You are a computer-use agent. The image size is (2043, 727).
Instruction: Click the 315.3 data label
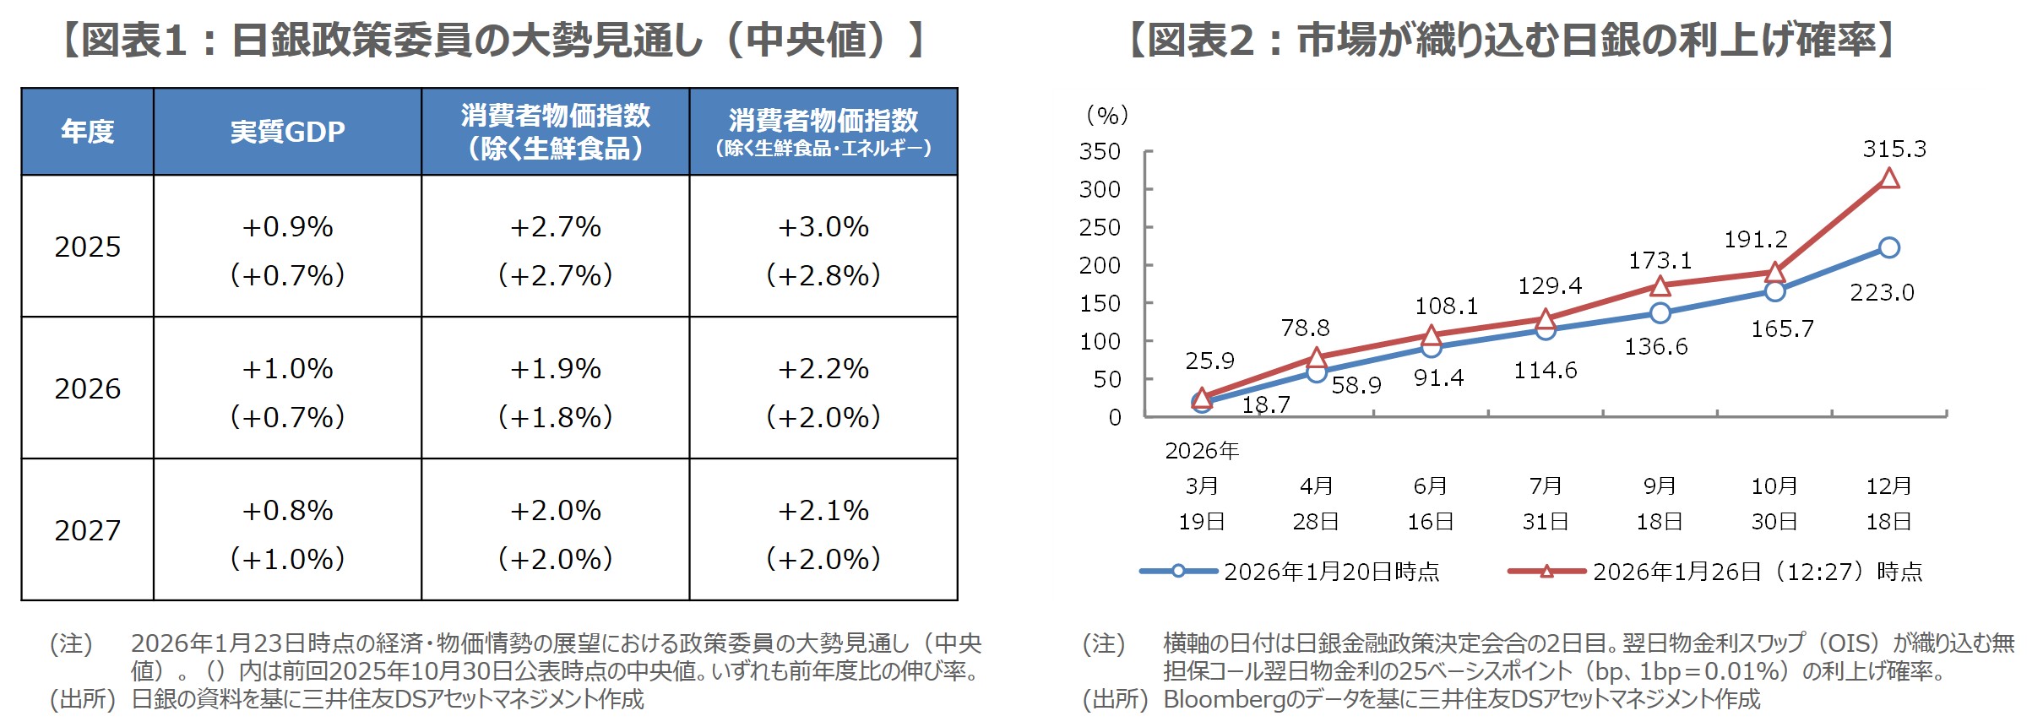1894,149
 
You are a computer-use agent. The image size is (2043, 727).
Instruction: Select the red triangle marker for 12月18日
1889,178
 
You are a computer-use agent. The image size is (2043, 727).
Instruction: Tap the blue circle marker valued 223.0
1889,247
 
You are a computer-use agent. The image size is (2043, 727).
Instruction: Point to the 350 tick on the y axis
1100,152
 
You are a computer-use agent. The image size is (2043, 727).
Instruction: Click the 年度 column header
87,132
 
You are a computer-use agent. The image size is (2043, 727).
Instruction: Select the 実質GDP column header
287,132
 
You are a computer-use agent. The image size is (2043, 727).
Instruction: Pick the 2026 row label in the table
87,388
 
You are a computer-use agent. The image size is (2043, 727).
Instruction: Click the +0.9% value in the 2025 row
287,226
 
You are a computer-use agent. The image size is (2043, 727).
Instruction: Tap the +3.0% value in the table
823,226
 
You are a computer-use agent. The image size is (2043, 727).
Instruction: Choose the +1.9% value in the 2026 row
555,368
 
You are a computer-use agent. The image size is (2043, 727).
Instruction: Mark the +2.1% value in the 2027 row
823,510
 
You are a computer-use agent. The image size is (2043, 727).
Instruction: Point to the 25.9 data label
1209,361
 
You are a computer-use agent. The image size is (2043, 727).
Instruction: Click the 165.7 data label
1782,329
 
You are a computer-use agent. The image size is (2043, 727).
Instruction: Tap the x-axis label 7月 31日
1546,503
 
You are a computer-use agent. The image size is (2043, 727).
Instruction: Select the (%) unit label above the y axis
1107,115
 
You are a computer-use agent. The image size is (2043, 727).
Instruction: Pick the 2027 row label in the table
87,530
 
